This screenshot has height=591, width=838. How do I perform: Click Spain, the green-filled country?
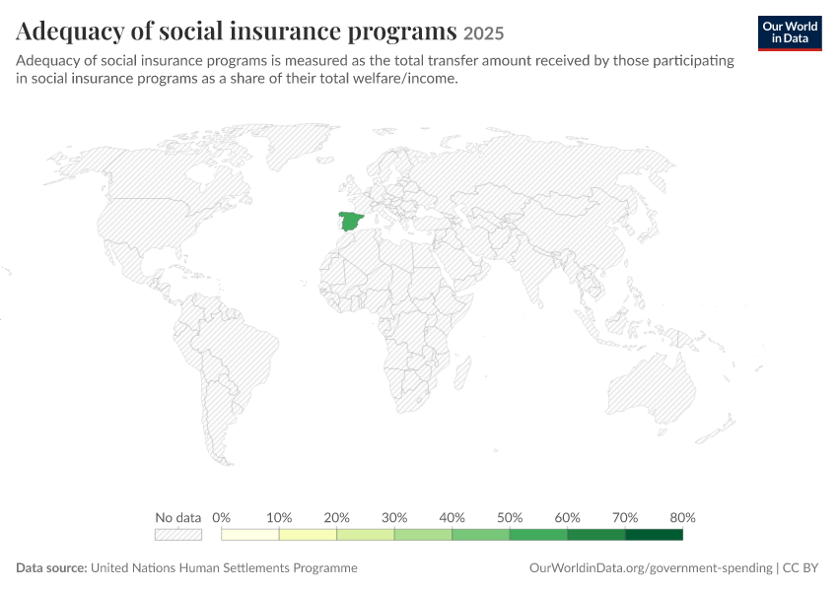pos(351,221)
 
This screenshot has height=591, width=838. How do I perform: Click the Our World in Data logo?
pos(790,33)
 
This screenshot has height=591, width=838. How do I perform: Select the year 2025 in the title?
pos(483,33)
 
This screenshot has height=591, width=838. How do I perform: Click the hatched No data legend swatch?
pos(178,535)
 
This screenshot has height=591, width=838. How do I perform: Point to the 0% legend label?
pos(221,517)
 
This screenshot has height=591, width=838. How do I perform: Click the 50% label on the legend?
pos(510,517)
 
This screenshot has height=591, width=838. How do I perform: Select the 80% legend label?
pos(682,517)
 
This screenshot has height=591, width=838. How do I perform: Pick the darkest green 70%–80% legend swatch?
pos(655,535)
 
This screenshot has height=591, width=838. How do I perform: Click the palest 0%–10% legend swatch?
pos(250,535)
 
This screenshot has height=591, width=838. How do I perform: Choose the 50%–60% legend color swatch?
pos(538,535)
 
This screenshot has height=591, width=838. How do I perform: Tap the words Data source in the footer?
pos(51,567)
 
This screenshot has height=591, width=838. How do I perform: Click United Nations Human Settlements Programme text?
pos(224,567)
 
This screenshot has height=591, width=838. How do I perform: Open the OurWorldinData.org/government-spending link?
pos(651,567)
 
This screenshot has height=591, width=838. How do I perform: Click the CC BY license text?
pos(801,567)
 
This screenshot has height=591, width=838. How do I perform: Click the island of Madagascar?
pos(462,372)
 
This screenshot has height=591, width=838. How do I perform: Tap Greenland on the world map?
pos(300,144)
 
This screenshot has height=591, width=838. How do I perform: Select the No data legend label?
pos(178,517)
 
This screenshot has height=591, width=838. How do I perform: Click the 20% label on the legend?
pos(336,517)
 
